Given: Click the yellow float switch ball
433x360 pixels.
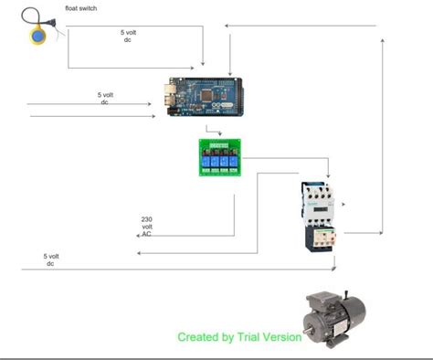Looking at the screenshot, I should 39,37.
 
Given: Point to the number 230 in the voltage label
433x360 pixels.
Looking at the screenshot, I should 146,219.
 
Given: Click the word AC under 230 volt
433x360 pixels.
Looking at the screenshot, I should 146,234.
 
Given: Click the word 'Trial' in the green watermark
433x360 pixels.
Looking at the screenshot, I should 259,336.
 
